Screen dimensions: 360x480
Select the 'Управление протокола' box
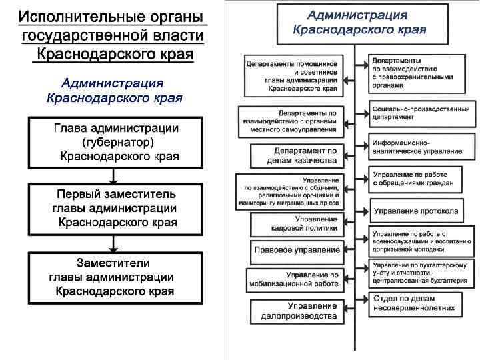point(415,211)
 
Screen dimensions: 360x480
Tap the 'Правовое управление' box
point(297,250)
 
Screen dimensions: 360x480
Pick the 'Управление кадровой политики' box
point(297,223)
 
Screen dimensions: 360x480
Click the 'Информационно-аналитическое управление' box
point(421,147)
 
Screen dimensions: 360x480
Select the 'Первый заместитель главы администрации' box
point(115,209)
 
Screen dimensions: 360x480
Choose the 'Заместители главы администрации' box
point(115,276)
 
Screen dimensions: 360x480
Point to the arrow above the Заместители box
point(114,243)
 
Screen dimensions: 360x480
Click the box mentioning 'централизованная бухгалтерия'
point(421,274)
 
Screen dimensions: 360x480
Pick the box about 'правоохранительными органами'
point(421,73)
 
